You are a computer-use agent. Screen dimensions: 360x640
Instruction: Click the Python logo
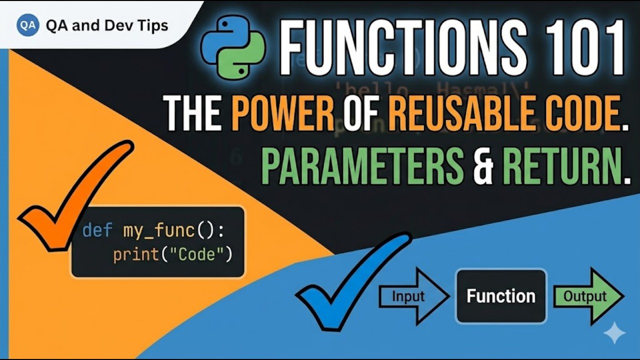[x=232, y=48]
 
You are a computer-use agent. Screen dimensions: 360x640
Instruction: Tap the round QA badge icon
[x=28, y=25]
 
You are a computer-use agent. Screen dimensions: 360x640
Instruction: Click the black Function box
[x=501, y=296]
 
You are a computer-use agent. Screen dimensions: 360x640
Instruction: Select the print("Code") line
[x=173, y=255]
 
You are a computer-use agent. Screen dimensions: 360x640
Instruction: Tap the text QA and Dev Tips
[x=106, y=25]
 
